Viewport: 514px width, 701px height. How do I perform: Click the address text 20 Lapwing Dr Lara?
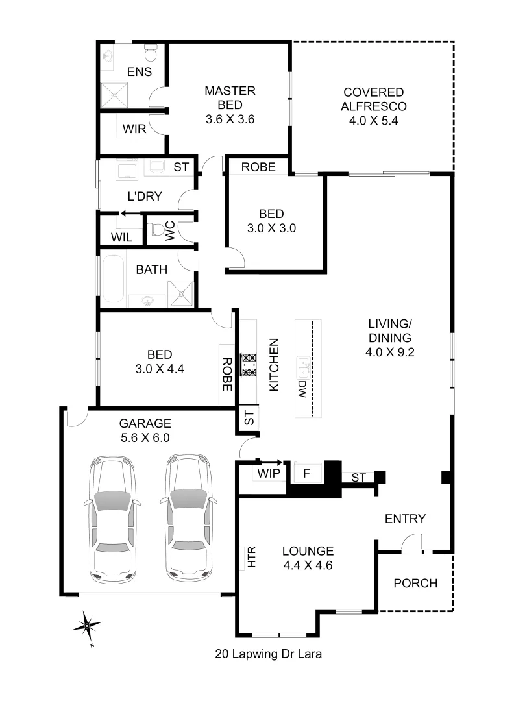[x=269, y=654]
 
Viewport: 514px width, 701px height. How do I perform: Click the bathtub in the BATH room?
[x=112, y=280]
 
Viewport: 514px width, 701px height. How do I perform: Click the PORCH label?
[x=415, y=583]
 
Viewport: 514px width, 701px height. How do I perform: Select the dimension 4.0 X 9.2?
[x=390, y=352]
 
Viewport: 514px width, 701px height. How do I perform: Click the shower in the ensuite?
[x=116, y=96]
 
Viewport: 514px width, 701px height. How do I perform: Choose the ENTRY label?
[x=405, y=519]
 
